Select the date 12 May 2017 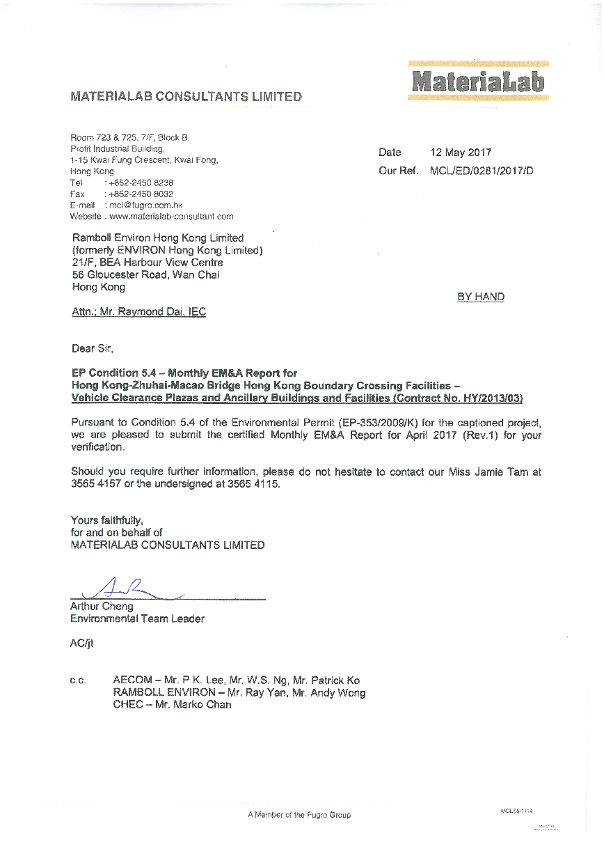pos(461,153)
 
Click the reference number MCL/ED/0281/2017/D pos(482,171)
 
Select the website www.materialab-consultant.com pos(171,217)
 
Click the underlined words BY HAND pos(481,297)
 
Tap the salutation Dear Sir pos(92,348)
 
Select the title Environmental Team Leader pos(137,618)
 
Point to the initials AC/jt pos(81,644)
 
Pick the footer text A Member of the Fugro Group pos(299,815)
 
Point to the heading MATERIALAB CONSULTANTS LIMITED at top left pos(186,97)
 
